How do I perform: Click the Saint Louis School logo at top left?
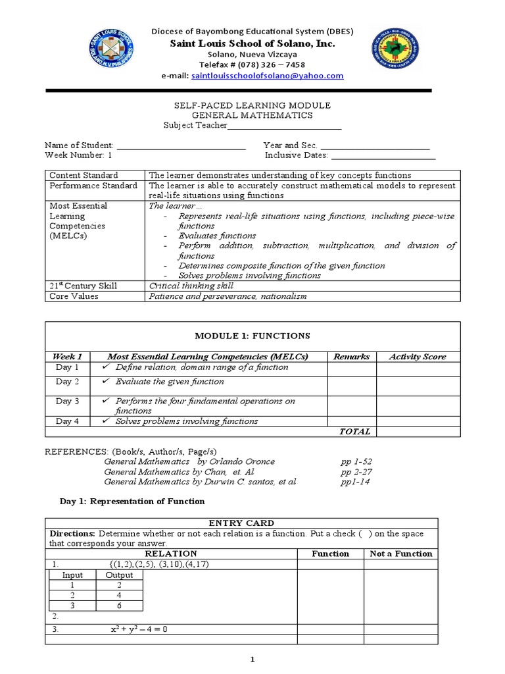(x=111, y=51)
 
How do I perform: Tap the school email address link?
(x=267, y=76)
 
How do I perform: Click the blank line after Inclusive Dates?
(x=383, y=156)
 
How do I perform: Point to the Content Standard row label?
(x=84, y=175)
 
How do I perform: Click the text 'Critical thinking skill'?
(x=191, y=286)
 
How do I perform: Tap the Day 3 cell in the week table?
(x=67, y=401)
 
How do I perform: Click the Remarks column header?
(x=351, y=357)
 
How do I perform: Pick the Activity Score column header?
(x=418, y=357)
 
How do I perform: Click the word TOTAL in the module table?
(x=354, y=432)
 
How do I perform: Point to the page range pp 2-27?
(x=356, y=472)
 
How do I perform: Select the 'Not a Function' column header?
(x=401, y=554)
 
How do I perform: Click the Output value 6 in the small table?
(x=120, y=606)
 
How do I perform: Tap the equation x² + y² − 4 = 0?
(x=139, y=629)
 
